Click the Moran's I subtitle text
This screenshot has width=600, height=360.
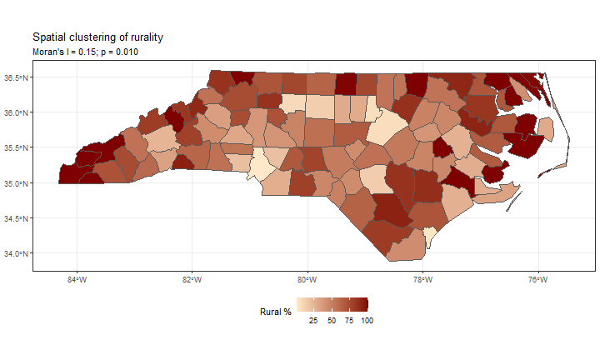85,52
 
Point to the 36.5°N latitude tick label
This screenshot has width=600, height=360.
16,77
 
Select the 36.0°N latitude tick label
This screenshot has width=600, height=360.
16,112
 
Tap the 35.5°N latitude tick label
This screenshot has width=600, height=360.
16,147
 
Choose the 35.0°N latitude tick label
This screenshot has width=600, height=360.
16,183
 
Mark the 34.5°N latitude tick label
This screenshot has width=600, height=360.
16,218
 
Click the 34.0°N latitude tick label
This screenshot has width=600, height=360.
16,253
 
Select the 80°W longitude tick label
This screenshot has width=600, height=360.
307,280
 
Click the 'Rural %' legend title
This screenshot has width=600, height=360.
276,312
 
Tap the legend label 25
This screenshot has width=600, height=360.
313,321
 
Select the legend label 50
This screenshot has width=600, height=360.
331,321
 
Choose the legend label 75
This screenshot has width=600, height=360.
348,321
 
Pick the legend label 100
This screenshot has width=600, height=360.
366,321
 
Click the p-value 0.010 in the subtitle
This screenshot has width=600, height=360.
126,52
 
